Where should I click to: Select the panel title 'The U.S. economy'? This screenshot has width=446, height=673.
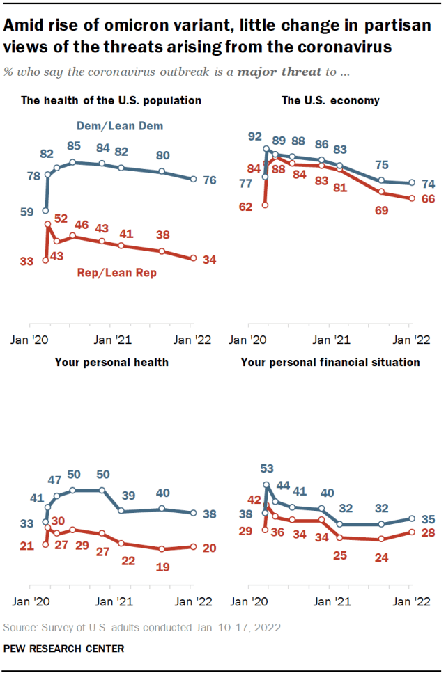click(330, 100)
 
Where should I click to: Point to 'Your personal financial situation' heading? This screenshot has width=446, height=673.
click(330, 362)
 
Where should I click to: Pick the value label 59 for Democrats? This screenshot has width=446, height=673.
click(28, 212)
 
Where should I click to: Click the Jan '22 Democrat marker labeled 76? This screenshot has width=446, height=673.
click(192, 180)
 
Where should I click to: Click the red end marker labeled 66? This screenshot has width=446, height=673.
click(411, 198)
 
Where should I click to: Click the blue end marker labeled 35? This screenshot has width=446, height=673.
click(411, 518)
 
